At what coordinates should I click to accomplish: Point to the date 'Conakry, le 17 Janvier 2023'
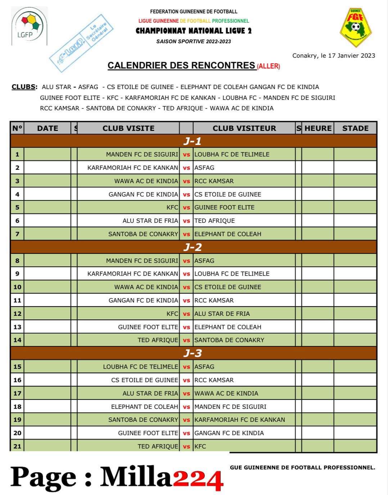coord(334,56)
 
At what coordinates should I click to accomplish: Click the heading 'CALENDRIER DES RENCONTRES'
coord(181,65)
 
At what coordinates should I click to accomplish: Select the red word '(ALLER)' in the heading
coord(269,66)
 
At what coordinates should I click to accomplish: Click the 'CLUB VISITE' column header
coord(128,128)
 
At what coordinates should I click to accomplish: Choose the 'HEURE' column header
coord(318,128)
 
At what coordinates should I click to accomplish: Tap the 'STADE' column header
coord(355,128)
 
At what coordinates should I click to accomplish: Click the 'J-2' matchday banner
coord(193,247)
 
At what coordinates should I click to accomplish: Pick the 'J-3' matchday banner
coord(193,353)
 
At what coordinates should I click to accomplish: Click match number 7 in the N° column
coord(17,234)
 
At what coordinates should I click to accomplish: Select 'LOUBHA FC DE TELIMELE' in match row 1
coord(232,154)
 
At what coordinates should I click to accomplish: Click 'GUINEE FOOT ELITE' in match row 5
coord(224,207)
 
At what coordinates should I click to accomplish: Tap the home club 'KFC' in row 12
coord(172,314)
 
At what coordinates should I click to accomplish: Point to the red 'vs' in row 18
coord(186,407)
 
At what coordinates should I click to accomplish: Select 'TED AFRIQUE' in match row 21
coord(158,446)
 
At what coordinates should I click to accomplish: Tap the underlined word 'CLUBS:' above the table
coord(24,87)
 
